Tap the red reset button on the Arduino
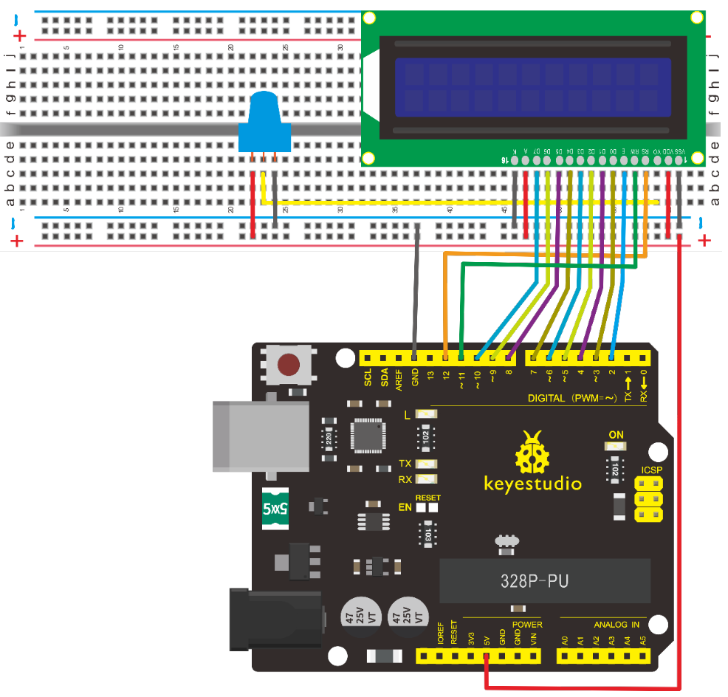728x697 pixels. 288,364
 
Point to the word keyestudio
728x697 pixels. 532,485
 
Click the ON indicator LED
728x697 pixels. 616,447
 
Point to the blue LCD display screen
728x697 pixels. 532,87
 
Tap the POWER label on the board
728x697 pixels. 527,624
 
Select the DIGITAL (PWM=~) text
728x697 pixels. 572,398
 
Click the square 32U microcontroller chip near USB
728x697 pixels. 368,436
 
